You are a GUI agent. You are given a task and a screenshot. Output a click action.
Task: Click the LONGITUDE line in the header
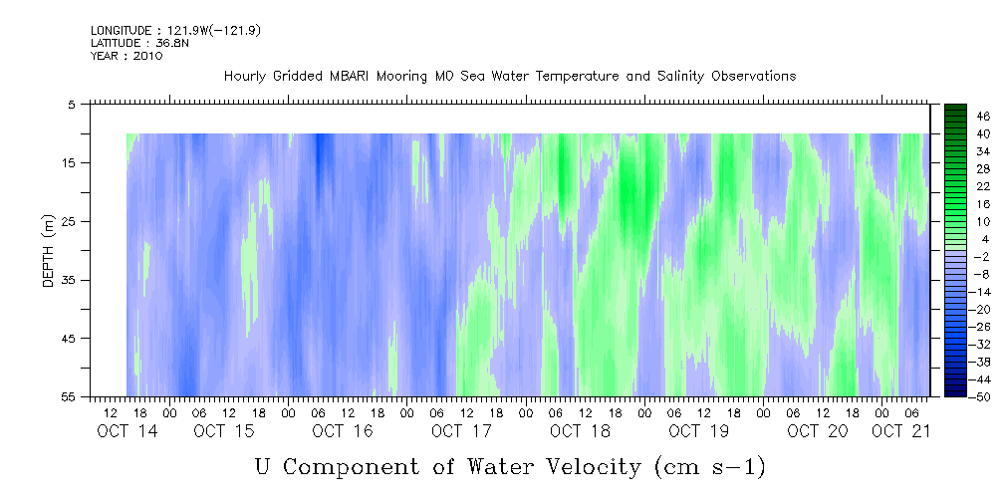tap(175, 30)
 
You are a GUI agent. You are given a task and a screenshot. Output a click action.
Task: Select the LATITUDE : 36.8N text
tap(139, 43)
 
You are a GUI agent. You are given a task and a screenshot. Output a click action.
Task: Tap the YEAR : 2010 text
tap(126, 56)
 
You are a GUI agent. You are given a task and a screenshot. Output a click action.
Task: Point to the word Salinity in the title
tap(680, 77)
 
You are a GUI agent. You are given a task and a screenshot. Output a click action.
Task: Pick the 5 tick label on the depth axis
tap(71, 104)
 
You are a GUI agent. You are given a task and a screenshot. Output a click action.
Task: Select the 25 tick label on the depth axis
tap(68, 221)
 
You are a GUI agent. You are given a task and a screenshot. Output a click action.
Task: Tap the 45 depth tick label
tap(68, 338)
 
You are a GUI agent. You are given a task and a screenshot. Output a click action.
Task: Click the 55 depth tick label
tap(68, 396)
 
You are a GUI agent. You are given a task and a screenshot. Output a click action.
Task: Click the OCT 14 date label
tap(127, 431)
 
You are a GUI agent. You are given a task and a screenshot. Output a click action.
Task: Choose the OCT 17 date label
tap(461, 431)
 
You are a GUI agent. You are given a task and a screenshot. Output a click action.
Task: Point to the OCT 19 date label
tap(698, 431)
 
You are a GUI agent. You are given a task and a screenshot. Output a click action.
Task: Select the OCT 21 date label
tap(900, 431)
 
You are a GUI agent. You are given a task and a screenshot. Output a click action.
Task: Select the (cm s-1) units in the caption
tap(710, 468)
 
